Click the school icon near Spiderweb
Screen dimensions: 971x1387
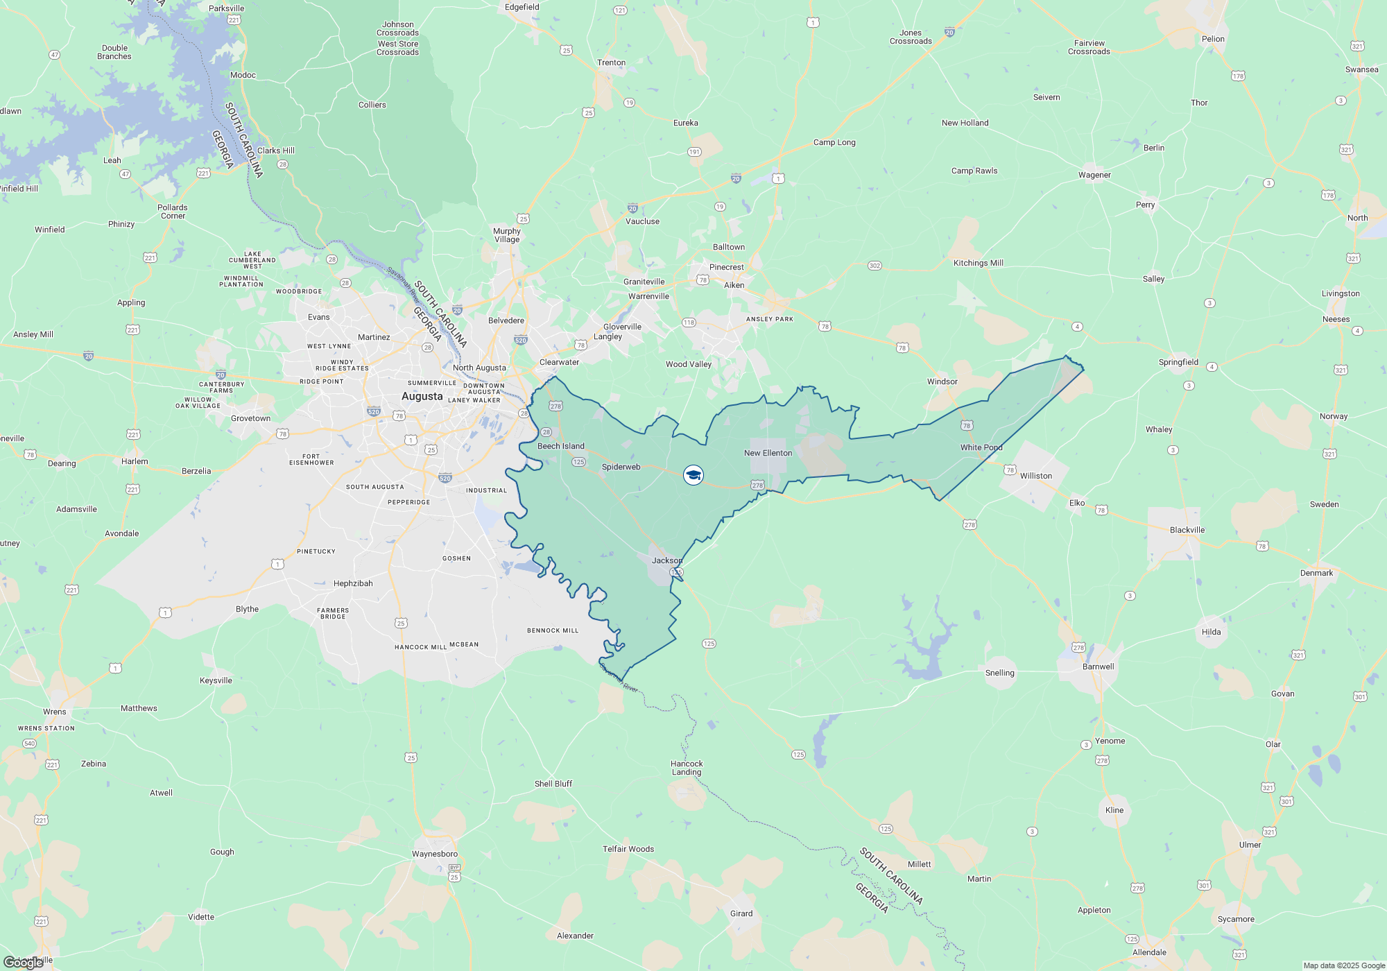(693, 475)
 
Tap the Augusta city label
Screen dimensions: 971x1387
(422, 396)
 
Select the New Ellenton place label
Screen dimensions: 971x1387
(768, 453)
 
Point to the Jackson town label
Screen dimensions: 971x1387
(666, 560)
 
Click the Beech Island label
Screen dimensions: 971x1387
(560, 446)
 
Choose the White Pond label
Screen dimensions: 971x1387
(981, 447)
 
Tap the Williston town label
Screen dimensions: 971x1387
(1036, 476)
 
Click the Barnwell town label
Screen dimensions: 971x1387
(1098, 667)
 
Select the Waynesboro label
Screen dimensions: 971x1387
(435, 854)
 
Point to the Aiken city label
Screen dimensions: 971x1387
(734, 285)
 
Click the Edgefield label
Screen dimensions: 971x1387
(522, 7)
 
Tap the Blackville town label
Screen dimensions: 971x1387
(1187, 530)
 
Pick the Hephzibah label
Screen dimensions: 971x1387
(353, 583)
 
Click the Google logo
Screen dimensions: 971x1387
(24, 962)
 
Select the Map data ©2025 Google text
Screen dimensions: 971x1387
(1343, 965)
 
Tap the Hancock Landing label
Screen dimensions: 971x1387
(687, 768)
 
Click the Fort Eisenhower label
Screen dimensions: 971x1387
(311, 459)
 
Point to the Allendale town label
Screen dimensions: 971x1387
(1149, 952)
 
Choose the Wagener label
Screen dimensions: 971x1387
(1094, 175)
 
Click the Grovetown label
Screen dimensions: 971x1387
(250, 418)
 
